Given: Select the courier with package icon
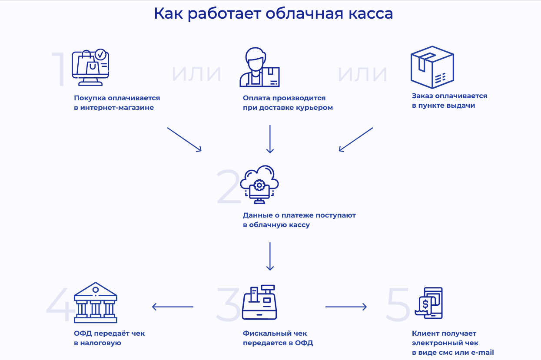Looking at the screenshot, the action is tap(259, 68).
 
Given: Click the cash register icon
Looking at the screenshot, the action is tap(259, 302).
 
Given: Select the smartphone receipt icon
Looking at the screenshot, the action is tap(428, 303).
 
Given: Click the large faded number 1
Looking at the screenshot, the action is tap(59, 69).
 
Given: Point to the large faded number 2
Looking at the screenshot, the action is tap(228, 187).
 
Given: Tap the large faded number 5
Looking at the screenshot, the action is tap(398, 304).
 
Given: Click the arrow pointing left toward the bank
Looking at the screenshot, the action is tap(173, 307).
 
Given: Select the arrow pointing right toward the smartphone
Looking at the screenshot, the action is tap(346, 307).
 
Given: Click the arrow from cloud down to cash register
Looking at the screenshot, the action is tap(270, 256).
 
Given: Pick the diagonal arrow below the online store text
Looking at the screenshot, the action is tap(184, 139).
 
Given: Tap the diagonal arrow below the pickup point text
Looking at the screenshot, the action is tap(356, 139).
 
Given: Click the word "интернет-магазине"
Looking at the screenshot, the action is tap(117, 108).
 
